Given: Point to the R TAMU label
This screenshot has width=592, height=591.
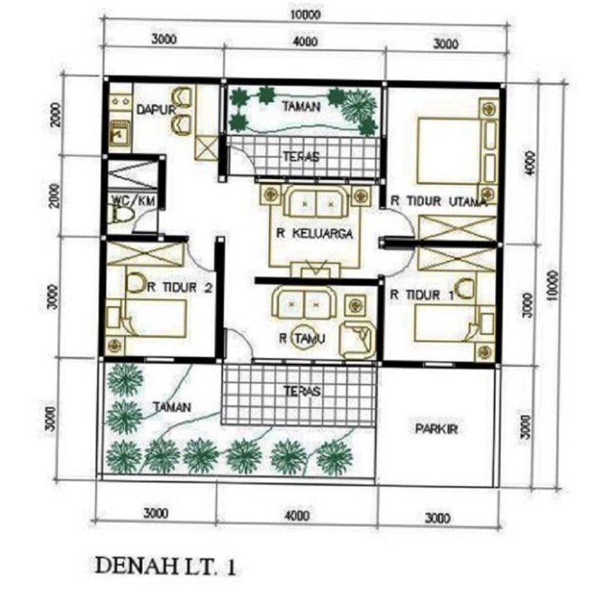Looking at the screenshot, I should pyautogui.click(x=302, y=339).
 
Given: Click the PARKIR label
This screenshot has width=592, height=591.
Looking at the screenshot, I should pyautogui.click(x=435, y=429).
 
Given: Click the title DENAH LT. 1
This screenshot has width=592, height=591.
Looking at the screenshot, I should pyautogui.click(x=168, y=566).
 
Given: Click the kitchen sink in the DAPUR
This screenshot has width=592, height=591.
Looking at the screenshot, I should pyautogui.click(x=118, y=134).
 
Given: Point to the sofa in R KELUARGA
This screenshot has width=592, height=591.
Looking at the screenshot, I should pyautogui.click(x=310, y=203).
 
